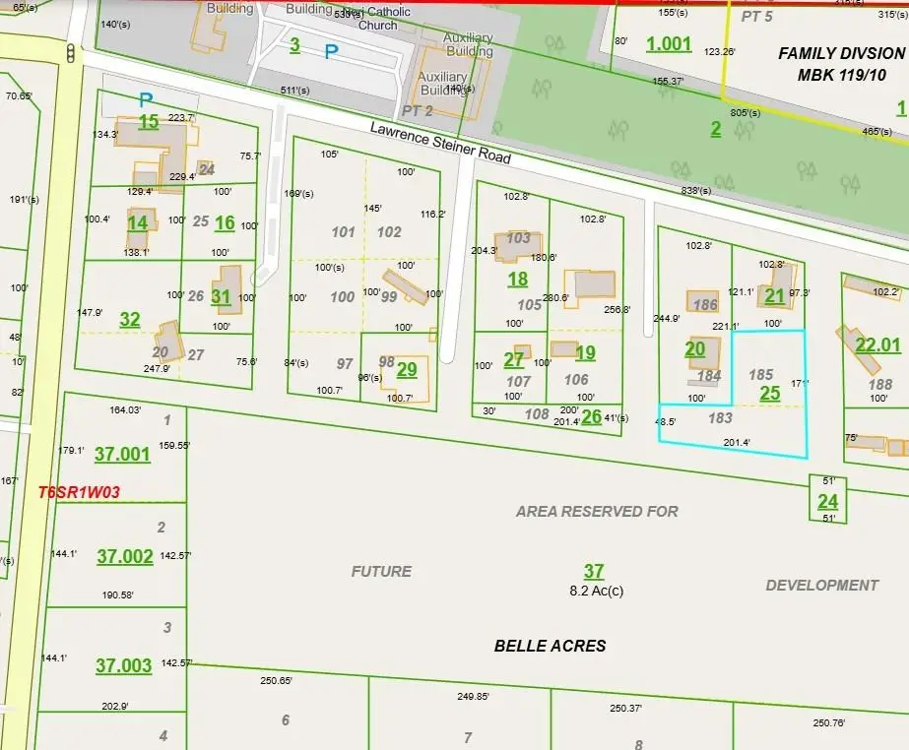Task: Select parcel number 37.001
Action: pos(122,454)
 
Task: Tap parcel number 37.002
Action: pos(124,556)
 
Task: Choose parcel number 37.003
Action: pos(123,665)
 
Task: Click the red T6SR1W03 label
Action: pos(72,492)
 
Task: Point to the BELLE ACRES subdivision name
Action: pos(550,646)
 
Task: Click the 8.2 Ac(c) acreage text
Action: pos(596,592)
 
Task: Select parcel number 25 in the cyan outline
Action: pos(769,393)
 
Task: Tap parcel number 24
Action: pos(827,501)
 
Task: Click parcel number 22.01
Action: pos(877,344)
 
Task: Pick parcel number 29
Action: pos(407,369)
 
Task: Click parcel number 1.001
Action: pos(669,43)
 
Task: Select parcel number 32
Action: pos(130,319)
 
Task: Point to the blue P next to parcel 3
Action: pos(331,51)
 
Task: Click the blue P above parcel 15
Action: pos(146,99)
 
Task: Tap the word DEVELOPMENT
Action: pos(821,585)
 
